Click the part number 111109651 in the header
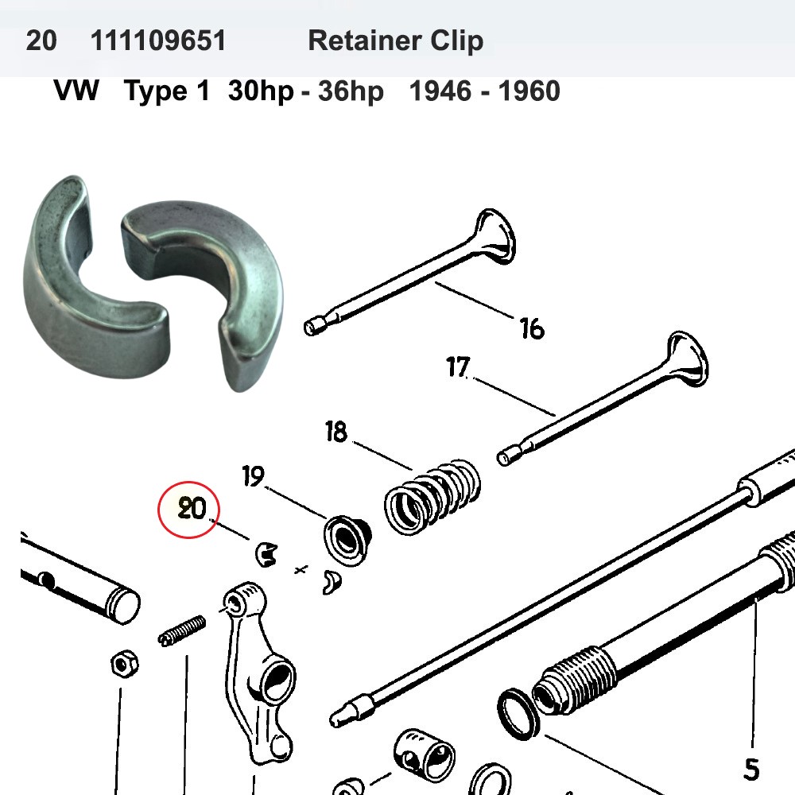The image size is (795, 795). pyautogui.click(x=158, y=41)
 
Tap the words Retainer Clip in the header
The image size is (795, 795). pyautogui.click(x=395, y=41)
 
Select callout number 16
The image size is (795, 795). pyautogui.click(x=531, y=327)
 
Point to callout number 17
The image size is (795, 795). pyautogui.click(x=459, y=368)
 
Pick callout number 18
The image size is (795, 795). pyautogui.click(x=336, y=433)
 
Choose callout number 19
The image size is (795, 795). pyautogui.click(x=253, y=477)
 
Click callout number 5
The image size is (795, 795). pyautogui.click(x=750, y=768)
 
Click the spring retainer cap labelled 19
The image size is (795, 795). pyautogui.click(x=347, y=541)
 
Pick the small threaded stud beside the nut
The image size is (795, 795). pyautogui.click(x=182, y=630)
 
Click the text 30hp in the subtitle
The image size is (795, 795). pyautogui.click(x=259, y=91)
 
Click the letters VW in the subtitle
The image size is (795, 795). pyautogui.click(x=76, y=91)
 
